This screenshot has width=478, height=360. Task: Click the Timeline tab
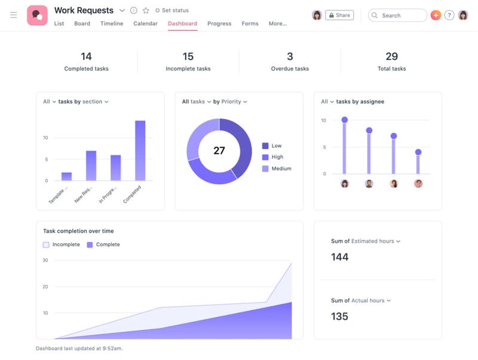click(x=112, y=23)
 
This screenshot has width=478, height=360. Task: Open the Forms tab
click(x=250, y=23)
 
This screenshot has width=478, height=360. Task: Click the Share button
click(x=339, y=15)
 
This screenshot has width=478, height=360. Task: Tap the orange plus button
click(x=436, y=15)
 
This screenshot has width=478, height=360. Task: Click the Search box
click(x=397, y=15)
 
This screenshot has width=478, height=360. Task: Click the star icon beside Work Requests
click(x=146, y=11)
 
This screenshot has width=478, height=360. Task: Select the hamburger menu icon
click(x=14, y=15)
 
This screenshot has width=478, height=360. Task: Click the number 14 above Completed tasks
click(x=86, y=56)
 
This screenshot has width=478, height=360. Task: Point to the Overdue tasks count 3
click(x=290, y=56)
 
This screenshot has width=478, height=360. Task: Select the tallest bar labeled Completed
click(x=140, y=151)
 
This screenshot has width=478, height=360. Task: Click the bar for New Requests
click(x=91, y=165)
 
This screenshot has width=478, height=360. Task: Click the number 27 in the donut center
click(x=219, y=151)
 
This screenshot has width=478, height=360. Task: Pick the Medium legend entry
click(x=281, y=169)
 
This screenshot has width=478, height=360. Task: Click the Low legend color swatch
click(x=265, y=146)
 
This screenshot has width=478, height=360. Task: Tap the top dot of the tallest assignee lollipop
click(x=345, y=120)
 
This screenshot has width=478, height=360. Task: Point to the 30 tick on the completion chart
click(x=45, y=260)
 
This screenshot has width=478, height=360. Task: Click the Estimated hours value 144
click(x=340, y=257)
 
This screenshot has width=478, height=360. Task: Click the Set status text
click(x=175, y=11)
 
